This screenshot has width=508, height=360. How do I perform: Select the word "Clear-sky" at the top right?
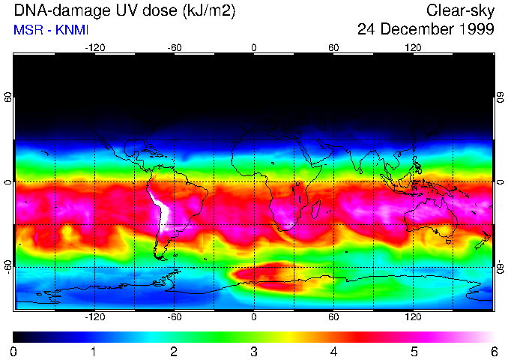[460, 10]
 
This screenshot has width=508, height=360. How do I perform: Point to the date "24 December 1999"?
[426, 30]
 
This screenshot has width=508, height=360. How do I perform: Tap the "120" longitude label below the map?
[413, 316]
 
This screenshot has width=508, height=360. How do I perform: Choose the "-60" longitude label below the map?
[174, 316]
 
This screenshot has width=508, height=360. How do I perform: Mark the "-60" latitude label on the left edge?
[8, 267]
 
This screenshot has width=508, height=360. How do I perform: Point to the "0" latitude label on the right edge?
[500, 182]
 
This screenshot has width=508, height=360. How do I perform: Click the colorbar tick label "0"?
[13, 351]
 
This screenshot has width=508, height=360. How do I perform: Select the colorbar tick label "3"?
[254, 351]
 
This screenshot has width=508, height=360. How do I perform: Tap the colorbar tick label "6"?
[494, 351]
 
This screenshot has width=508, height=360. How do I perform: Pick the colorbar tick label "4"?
[334, 351]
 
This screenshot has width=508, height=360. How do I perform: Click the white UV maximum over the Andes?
[160, 211]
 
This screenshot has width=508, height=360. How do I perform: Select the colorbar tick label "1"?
[94, 351]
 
